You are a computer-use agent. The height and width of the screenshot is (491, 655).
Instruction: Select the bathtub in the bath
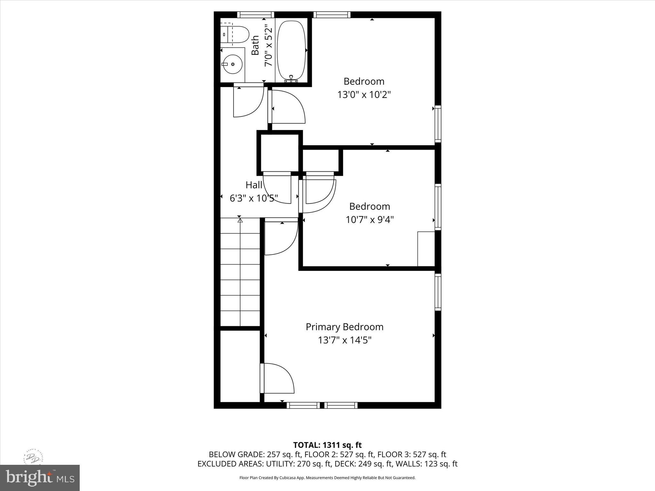click(x=291, y=50)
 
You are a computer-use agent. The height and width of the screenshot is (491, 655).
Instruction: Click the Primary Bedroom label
click(x=344, y=327)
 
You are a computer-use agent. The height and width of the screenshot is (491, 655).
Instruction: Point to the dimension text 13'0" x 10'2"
click(x=364, y=95)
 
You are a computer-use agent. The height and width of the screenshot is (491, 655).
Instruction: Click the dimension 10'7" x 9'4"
click(x=369, y=220)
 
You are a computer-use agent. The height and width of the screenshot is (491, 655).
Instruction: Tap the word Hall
click(x=254, y=185)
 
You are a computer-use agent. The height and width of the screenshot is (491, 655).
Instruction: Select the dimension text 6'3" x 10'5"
click(x=254, y=199)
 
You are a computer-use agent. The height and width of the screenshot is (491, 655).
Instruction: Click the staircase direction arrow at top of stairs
click(x=240, y=220)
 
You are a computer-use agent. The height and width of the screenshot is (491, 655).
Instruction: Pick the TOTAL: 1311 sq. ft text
click(x=327, y=445)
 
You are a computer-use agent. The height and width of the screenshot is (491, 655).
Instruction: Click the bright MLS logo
click(x=40, y=478)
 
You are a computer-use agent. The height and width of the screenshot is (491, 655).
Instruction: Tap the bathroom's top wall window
click(x=255, y=15)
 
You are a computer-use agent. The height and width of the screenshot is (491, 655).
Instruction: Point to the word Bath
click(x=255, y=45)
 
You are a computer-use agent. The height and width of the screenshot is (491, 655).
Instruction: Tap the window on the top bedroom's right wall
click(x=438, y=124)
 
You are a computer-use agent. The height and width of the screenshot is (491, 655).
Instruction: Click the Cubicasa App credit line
click(x=327, y=478)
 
